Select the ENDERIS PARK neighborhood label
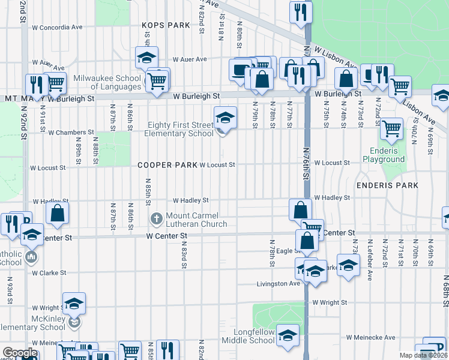tap(387, 185)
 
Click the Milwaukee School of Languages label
tap(107, 83)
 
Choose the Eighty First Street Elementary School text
tap(179, 130)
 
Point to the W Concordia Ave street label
tap(57, 28)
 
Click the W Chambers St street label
tap(71, 132)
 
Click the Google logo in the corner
tap(20, 353)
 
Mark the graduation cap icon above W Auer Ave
tap(146, 58)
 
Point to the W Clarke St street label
tap(49, 272)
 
